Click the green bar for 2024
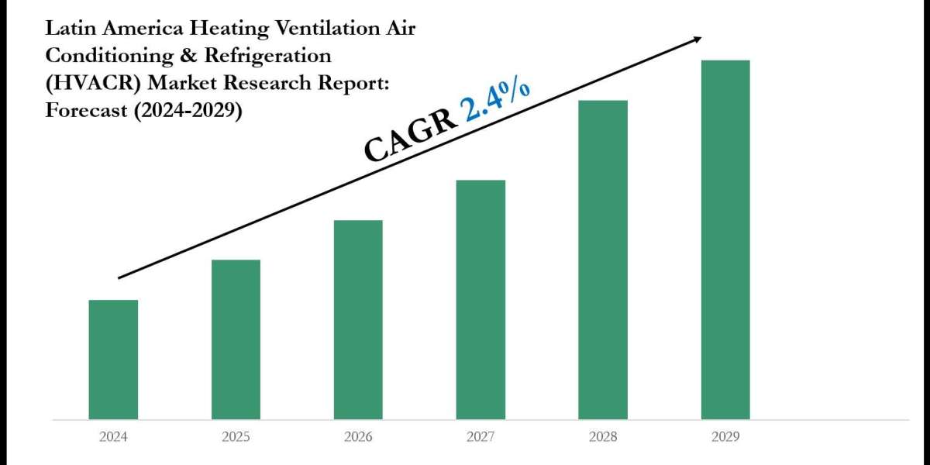tap(113, 360)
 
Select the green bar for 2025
tap(236, 339)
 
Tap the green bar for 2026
tap(358, 319)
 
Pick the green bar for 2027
tap(480, 299)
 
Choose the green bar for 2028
tap(603, 260)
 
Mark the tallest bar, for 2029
tap(725, 239)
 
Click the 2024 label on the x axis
tap(113, 437)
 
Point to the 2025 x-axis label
tap(236, 437)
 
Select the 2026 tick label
tap(358, 437)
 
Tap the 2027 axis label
tap(480, 437)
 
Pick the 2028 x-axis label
tap(603, 437)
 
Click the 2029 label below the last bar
tap(725, 437)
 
